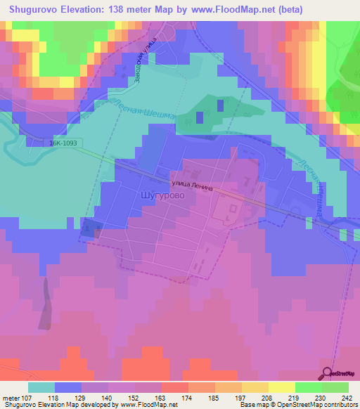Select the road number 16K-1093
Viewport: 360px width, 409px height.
click(65, 143)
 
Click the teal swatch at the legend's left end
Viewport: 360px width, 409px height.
click(41, 387)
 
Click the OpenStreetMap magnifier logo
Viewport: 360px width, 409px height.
click(328, 372)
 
